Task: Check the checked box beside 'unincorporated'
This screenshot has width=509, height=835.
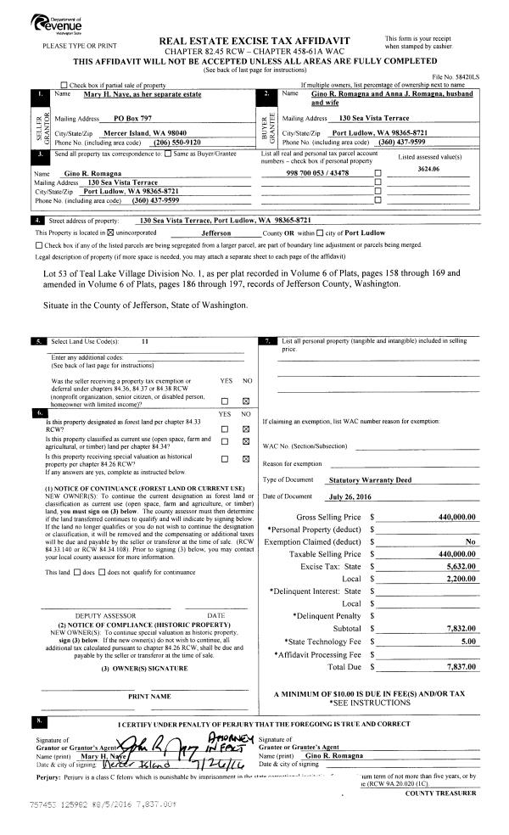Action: (109, 232)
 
